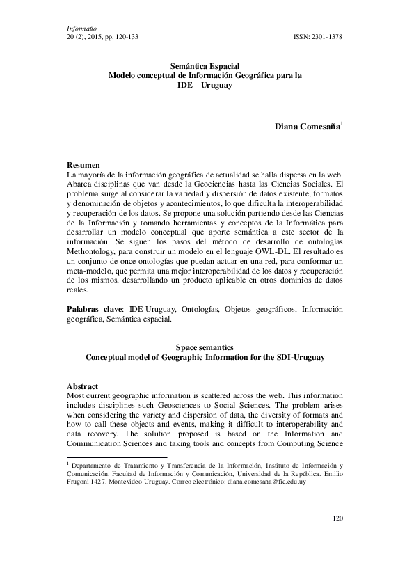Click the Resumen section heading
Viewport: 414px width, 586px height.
pyautogui.click(x=83, y=163)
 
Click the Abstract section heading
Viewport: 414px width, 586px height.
pyautogui.click(x=82, y=386)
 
